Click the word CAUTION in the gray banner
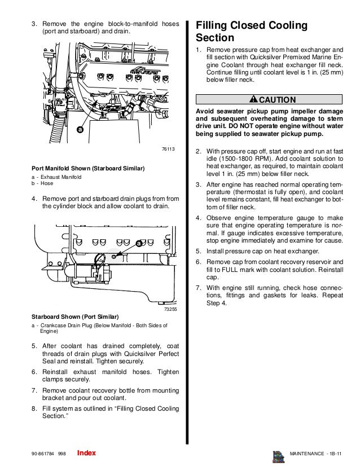[x=276, y=100]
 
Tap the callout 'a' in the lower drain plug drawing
[x=138, y=244]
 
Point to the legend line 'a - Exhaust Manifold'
[x=56, y=178]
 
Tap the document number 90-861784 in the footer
[x=44, y=454]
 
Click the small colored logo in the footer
[x=278, y=455]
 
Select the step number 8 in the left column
[x=34, y=408]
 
